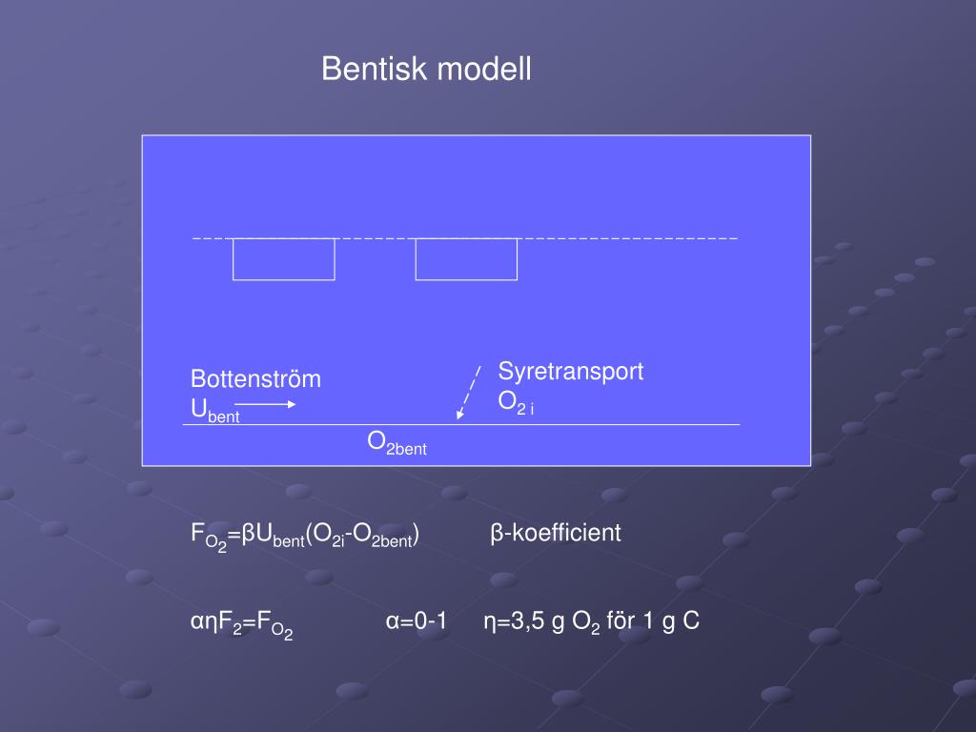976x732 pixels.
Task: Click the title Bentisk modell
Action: [426, 70]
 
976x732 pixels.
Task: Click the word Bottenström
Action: [255, 379]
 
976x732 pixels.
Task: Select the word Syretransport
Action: [571, 372]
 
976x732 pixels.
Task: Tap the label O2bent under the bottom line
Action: [397, 442]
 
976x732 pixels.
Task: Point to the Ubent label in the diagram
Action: [214, 411]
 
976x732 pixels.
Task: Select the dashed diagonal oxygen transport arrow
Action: [468, 392]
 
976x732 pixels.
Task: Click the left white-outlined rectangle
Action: [284, 259]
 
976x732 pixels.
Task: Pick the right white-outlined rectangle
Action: [466, 259]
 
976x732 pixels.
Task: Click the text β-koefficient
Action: [556, 533]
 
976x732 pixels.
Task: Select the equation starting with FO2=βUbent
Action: [305, 536]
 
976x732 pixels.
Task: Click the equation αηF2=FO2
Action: [241, 624]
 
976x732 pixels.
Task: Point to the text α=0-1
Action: [417, 622]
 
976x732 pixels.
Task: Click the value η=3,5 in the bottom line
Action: [513, 622]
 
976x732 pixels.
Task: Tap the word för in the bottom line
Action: [620, 622]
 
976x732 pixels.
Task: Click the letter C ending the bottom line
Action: [691, 622]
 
